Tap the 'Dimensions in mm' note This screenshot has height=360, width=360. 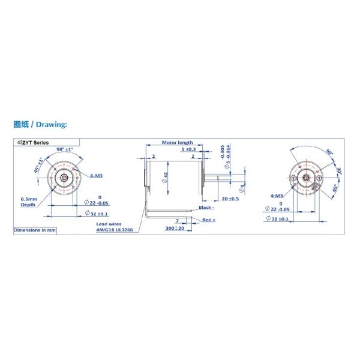(35, 230)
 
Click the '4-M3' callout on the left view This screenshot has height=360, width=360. (96, 176)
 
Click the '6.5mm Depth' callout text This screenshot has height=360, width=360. (29, 201)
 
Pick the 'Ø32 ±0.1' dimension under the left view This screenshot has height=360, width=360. (96, 214)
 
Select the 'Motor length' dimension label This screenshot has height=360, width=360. (178, 143)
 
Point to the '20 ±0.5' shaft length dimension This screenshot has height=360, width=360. (230, 198)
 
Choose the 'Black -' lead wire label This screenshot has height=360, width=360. (207, 207)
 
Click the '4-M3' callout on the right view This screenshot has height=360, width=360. (277, 196)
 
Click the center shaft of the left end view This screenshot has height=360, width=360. (64, 178)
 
